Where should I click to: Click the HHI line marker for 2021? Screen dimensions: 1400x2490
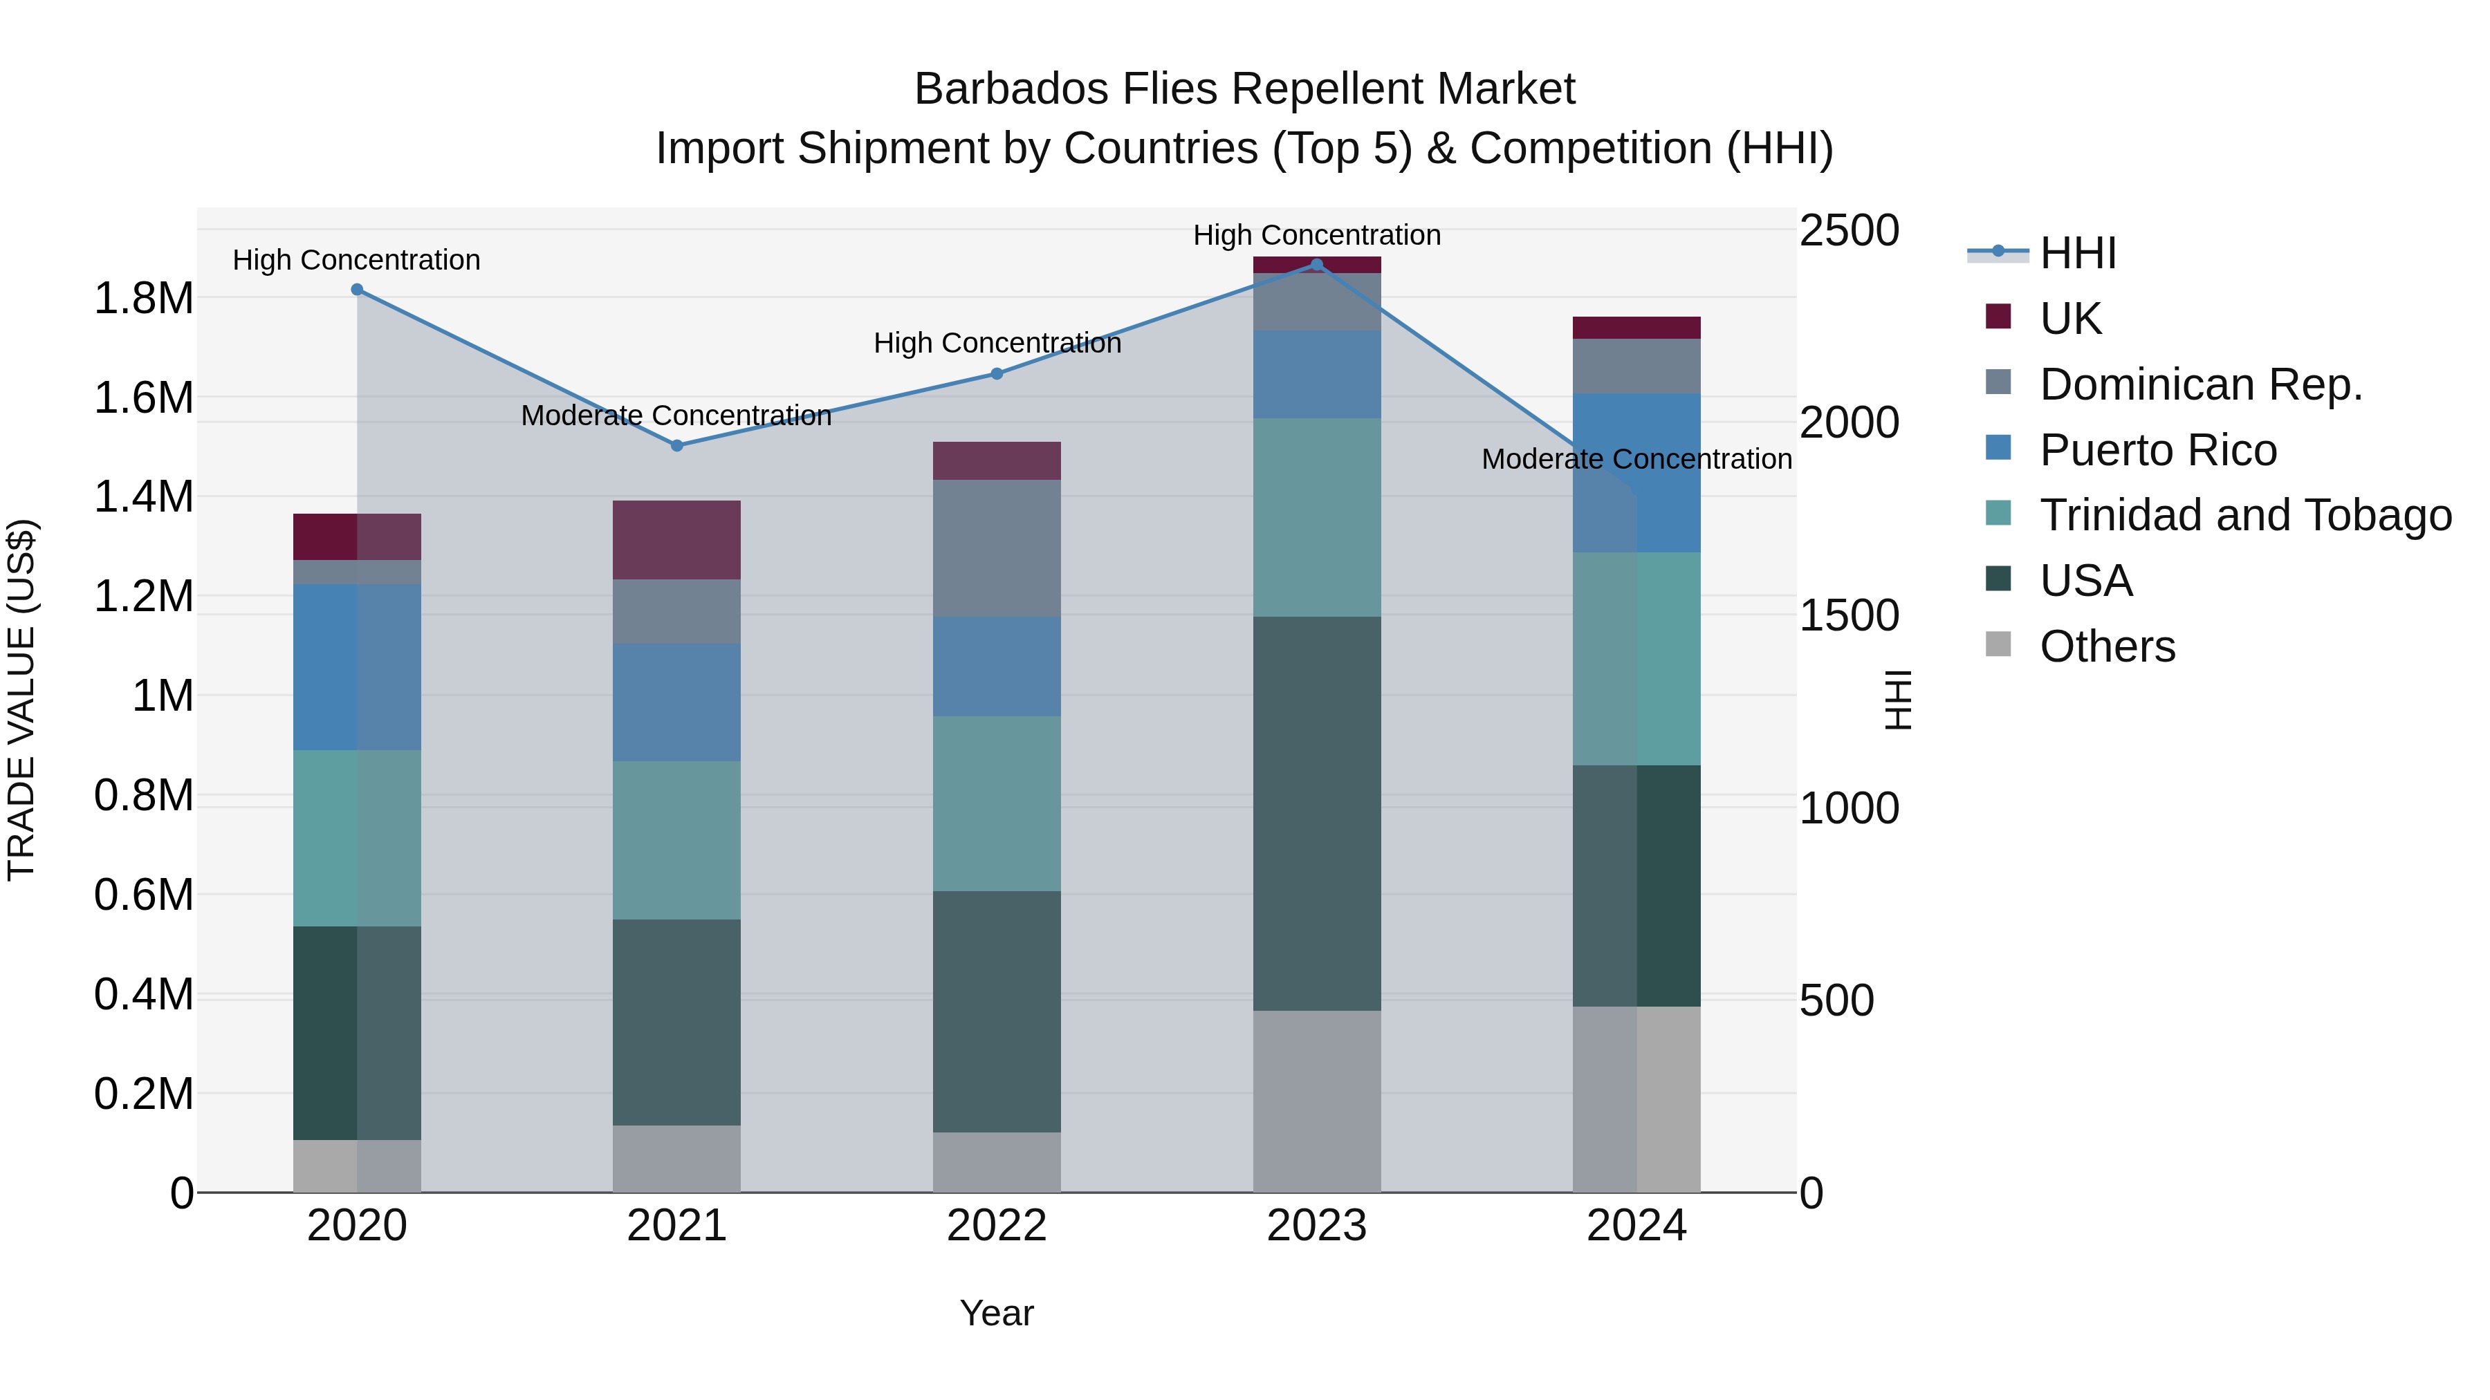[x=676, y=445]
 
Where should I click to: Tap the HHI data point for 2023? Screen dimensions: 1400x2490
[x=1316, y=264]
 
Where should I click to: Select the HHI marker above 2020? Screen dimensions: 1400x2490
[x=357, y=290]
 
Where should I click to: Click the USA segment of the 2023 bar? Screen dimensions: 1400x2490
[x=1316, y=814]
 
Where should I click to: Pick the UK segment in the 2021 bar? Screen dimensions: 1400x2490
[x=676, y=539]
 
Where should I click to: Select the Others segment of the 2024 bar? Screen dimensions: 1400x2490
[x=1636, y=1099]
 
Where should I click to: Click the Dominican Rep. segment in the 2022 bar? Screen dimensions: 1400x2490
[x=997, y=548]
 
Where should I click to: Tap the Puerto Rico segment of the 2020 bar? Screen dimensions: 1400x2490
[x=357, y=666]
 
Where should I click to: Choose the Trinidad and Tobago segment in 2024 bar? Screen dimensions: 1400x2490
[x=1636, y=659]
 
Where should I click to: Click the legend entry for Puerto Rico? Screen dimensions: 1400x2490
[x=2157, y=450]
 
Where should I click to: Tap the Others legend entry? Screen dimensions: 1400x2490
[x=2108, y=646]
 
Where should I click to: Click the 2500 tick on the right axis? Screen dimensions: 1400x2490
[x=1849, y=231]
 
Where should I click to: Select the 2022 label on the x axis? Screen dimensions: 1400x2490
[x=997, y=1226]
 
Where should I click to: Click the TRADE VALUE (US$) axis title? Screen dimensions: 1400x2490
[x=21, y=700]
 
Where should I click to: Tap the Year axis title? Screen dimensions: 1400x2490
[x=997, y=1313]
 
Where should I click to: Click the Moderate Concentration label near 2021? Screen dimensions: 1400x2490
[x=676, y=416]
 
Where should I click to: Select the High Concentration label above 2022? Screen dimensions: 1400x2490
[x=997, y=343]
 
